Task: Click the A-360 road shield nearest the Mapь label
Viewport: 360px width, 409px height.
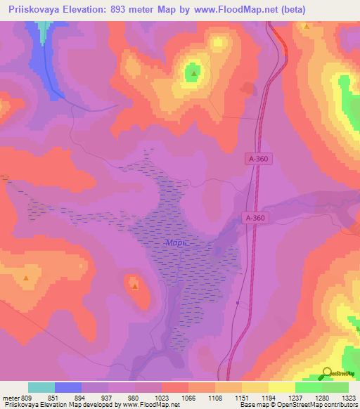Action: coord(255,218)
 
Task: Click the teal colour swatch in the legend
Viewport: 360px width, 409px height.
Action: coord(41,387)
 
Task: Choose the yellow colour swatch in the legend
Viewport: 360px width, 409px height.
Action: coord(281,387)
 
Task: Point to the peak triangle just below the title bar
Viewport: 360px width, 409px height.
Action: coord(307,26)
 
